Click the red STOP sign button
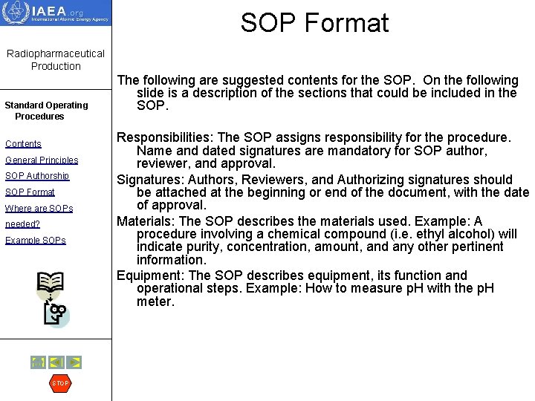click(x=60, y=383)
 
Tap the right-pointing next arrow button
click(x=74, y=362)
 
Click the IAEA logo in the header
click(x=56, y=13)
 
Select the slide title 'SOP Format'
click(x=314, y=23)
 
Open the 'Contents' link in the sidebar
click(x=23, y=144)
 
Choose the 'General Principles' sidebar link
click(x=42, y=160)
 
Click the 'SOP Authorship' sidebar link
click(x=37, y=176)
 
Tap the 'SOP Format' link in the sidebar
click(x=30, y=192)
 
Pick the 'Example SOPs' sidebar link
click(x=36, y=241)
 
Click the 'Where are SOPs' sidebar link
click(x=39, y=209)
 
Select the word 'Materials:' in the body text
click(x=146, y=221)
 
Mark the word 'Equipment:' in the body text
click(x=151, y=276)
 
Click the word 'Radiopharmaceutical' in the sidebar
click(x=56, y=54)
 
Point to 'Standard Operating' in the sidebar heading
click(x=46, y=105)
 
